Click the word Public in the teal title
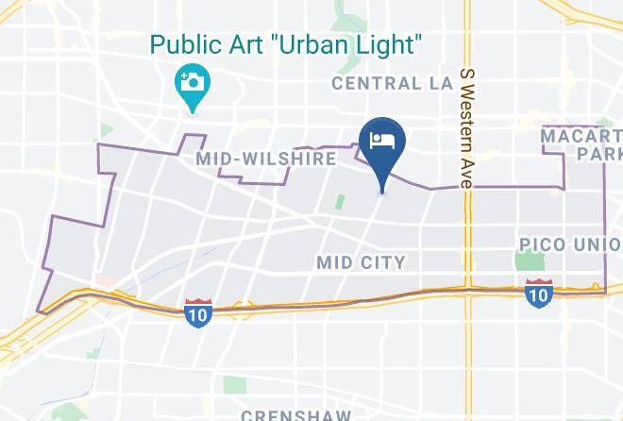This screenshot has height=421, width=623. coord(185,43)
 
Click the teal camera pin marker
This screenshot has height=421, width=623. coord(193,83)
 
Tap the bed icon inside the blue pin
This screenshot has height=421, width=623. coord(382,142)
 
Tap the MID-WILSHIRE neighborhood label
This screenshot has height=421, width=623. coord(265,159)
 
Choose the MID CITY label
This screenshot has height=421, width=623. coord(362,261)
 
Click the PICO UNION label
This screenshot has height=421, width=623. coord(570,245)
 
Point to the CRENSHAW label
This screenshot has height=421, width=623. coord(295,414)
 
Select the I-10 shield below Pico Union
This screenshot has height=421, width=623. coord(538,292)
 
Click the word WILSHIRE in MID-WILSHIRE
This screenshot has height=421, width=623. coord(289,159)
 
